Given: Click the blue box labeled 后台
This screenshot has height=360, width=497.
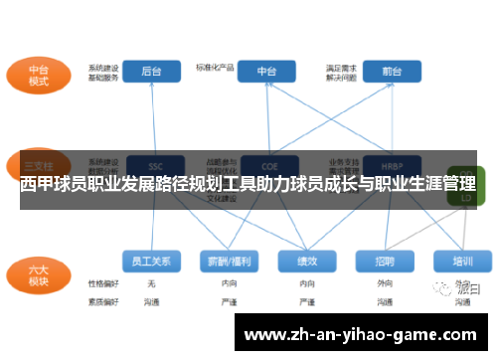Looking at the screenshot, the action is pyautogui.click(x=151, y=72).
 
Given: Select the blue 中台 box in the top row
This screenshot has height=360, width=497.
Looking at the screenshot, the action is pyautogui.click(x=266, y=72).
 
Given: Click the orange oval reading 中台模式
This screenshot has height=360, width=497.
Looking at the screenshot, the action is pyautogui.click(x=39, y=77).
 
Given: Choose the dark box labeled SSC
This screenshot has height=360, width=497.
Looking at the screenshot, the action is pyautogui.click(x=154, y=165).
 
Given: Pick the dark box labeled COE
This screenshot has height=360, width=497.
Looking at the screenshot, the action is pyautogui.click(x=267, y=165).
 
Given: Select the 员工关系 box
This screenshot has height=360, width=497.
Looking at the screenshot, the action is pyautogui.click(x=151, y=261).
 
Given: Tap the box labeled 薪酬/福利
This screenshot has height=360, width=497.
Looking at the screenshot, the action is pyautogui.click(x=228, y=261).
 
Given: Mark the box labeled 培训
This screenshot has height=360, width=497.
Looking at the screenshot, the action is pyautogui.click(x=462, y=261).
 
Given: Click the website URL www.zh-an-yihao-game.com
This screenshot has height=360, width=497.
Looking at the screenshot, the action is pyautogui.click(x=360, y=335).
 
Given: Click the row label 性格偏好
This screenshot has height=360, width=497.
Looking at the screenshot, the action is pyautogui.click(x=102, y=283).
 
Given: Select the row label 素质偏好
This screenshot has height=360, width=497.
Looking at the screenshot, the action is pyautogui.click(x=102, y=299).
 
